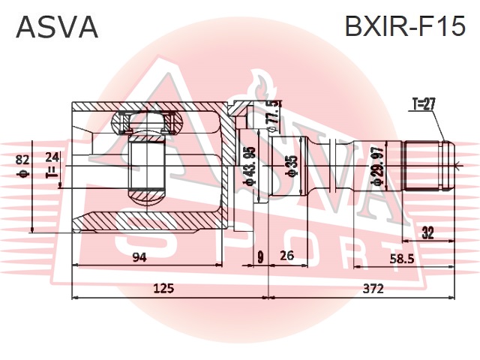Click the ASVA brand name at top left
pos(57,27)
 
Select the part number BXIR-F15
pos(404,27)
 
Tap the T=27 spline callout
pos(423,104)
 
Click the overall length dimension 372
pos(373,288)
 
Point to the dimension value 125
pos(163,288)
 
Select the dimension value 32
pos(427,232)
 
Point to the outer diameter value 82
pos(22,158)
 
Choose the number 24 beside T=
pos(51,157)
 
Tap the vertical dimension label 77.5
pos(274,113)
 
